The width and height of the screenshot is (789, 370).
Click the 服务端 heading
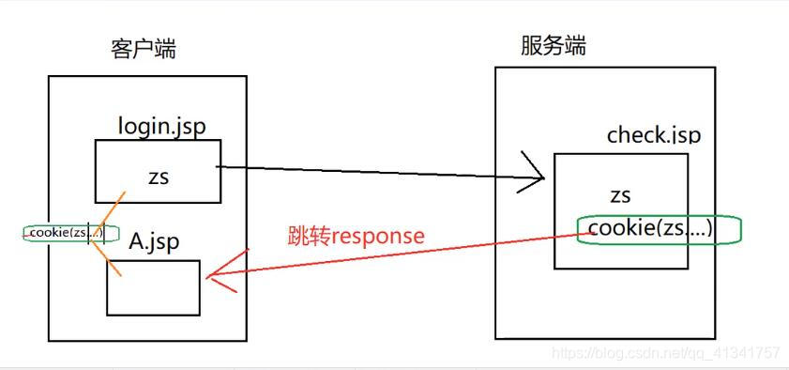click(x=554, y=46)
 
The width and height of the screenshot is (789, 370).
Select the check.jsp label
click(x=653, y=135)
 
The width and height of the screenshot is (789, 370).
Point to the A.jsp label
click(x=154, y=242)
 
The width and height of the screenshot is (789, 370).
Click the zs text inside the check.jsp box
click(x=619, y=196)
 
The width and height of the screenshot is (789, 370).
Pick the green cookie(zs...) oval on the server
click(x=659, y=230)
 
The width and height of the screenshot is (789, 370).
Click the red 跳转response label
click(x=356, y=236)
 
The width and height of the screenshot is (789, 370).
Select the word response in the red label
click(x=379, y=237)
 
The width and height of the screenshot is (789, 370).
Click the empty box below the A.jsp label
click(x=153, y=287)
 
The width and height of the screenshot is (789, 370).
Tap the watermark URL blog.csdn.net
click(x=665, y=353)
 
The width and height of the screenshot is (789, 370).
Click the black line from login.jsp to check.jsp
click(x=375, y=172)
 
